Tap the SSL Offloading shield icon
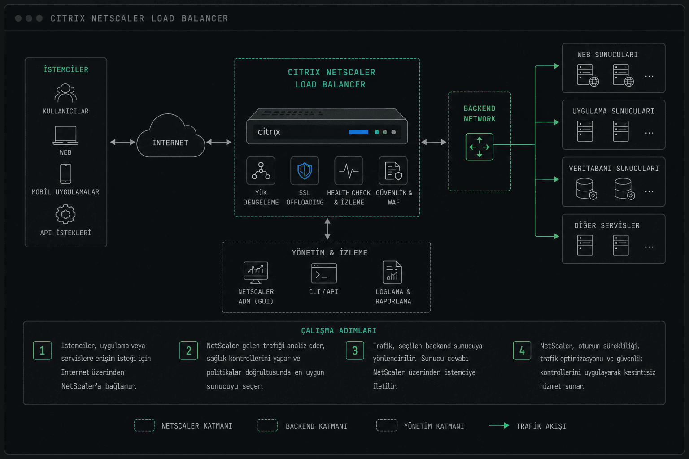(305, 171)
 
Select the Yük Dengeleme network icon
(261, 171)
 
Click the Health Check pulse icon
(349, 171)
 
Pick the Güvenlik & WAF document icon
(393, 171)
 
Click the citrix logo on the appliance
(269, 132)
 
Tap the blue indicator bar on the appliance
(358, 132)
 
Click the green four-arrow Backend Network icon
(479, 147)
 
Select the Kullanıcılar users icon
(65, 93)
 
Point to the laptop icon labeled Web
(65, 135)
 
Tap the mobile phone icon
(65, 174)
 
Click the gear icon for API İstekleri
(65, 214)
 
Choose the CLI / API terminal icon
(324, 273)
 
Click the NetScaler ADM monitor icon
(256, 273)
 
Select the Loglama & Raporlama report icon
(392, 273)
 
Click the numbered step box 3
(355, 351)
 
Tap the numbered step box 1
(42, 351)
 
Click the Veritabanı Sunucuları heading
(614, 169)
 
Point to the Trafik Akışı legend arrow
(499, 425)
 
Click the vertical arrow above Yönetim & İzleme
(327, 229)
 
